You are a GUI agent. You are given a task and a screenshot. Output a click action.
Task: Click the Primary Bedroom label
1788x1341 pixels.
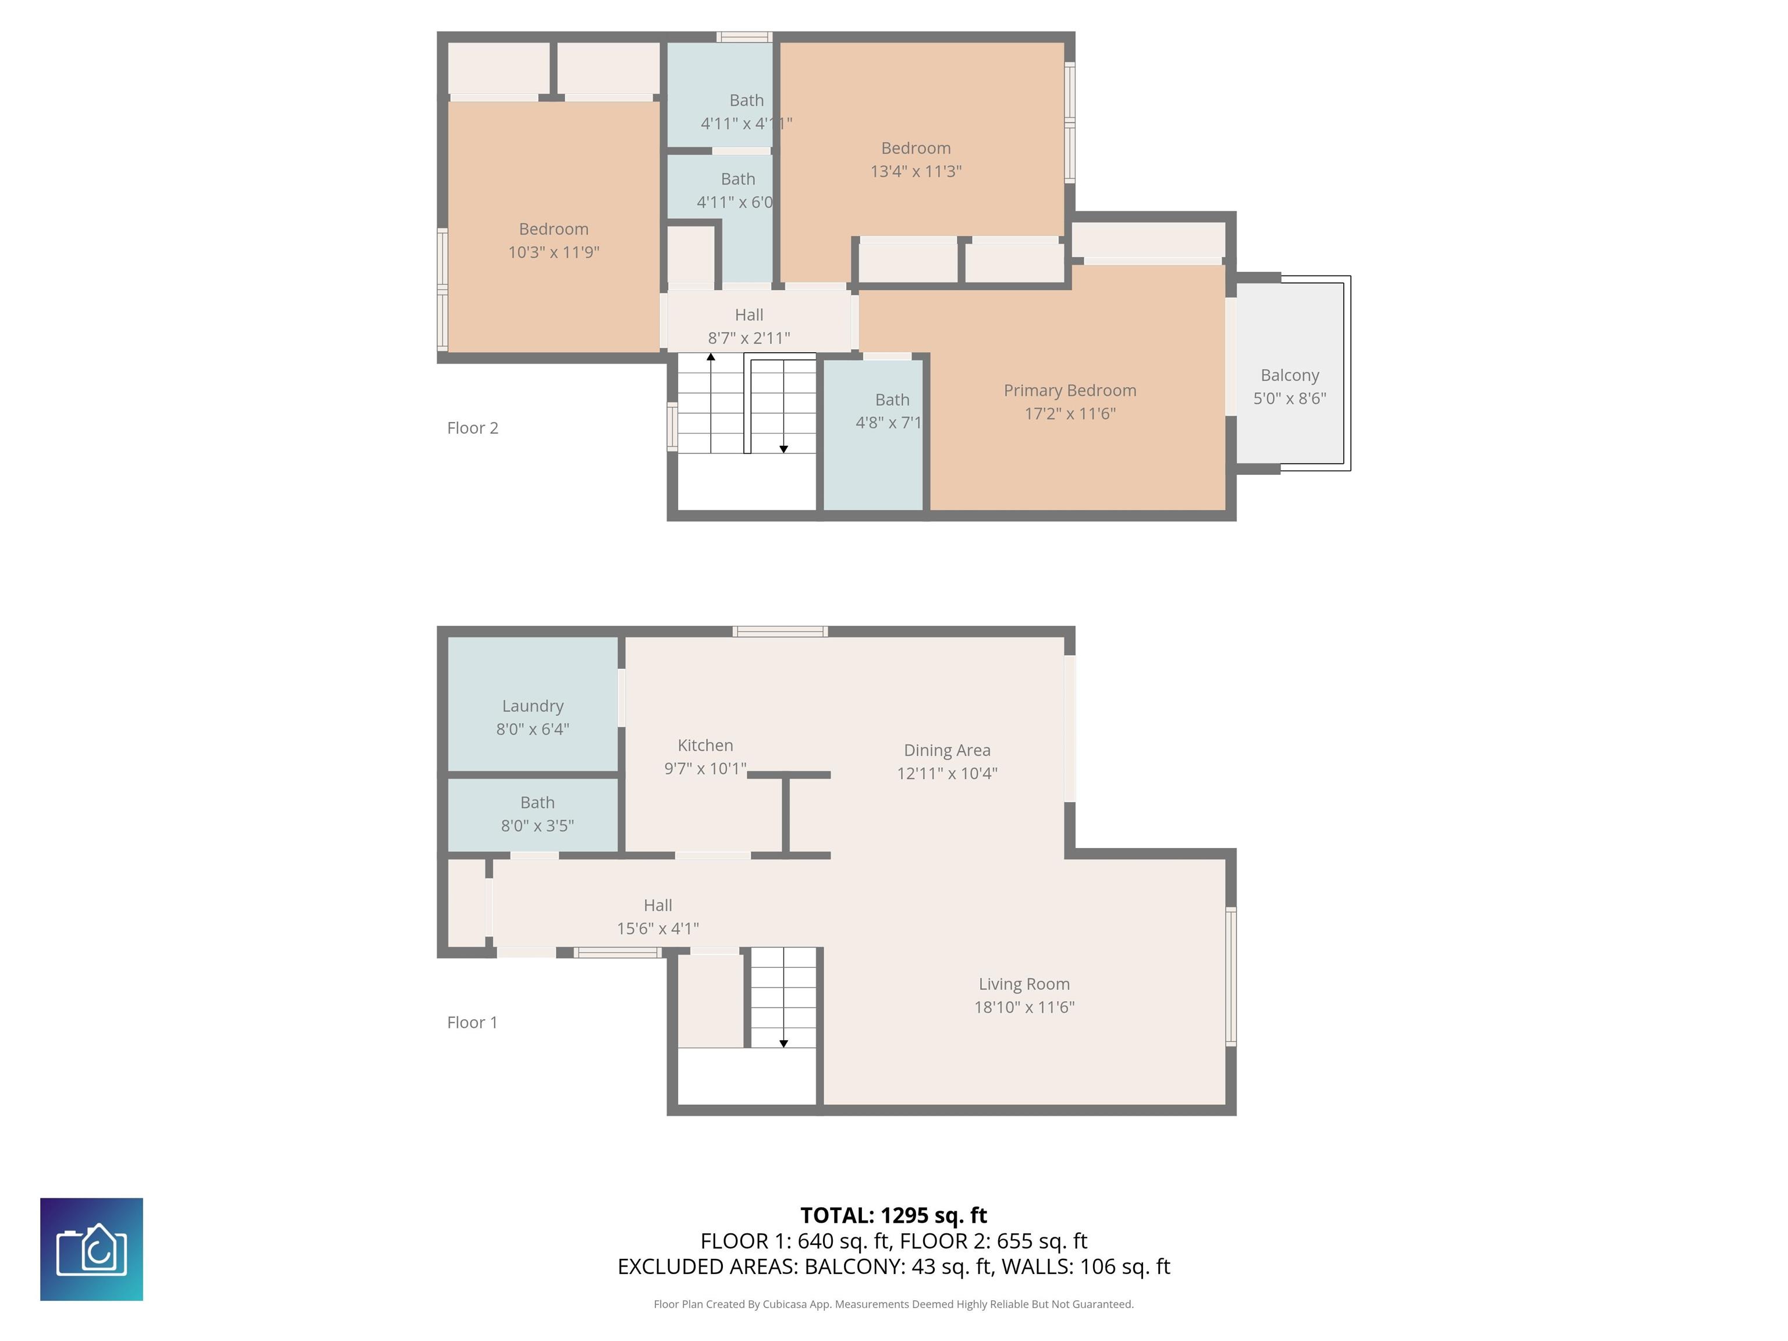(x=1069, y=391)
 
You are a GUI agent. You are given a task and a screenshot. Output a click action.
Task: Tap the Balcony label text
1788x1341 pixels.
(x=1289, y=375)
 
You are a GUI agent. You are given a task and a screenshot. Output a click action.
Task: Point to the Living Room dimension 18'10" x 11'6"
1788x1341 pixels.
(x=1024, y=1006)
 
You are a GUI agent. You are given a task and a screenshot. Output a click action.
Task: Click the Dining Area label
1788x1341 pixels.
(x=946, y=750)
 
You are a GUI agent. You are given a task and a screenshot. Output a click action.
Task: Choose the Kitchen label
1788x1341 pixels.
(x=705, y=745)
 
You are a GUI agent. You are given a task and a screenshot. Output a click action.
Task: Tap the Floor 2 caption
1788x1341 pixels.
(x=473, y=428)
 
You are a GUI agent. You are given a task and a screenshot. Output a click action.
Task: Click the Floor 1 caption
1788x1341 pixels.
(x=472, y=1021)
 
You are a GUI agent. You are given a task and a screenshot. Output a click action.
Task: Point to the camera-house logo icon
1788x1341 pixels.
(x=91, y=1249)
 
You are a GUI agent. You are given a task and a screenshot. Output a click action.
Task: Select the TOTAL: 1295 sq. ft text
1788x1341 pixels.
(x=893, y=1215)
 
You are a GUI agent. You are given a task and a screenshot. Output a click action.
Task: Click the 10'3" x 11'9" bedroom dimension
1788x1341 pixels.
(x=554, y=252)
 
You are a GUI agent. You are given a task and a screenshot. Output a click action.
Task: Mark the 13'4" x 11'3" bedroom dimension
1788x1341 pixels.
(x=916, y=171)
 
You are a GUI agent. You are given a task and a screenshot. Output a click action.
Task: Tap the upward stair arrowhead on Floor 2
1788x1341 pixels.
(x=711, y=356)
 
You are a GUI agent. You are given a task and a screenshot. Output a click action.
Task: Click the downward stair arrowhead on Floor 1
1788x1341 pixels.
(x=783, y=1044)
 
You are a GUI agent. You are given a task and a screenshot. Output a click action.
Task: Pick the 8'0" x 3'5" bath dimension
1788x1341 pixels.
(x=538, y=825)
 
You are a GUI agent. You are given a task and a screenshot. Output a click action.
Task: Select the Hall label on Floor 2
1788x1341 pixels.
(x=749, y=314)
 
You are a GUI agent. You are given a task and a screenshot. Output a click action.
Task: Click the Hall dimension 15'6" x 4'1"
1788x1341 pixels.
(x=658, y=928)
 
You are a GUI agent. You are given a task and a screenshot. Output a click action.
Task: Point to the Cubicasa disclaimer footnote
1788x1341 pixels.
(x=893, y=1304)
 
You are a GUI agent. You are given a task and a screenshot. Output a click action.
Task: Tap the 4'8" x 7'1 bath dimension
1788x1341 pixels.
(x=888, y=422)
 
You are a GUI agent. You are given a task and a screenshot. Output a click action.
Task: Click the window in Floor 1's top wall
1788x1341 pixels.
(x=780, y=632)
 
